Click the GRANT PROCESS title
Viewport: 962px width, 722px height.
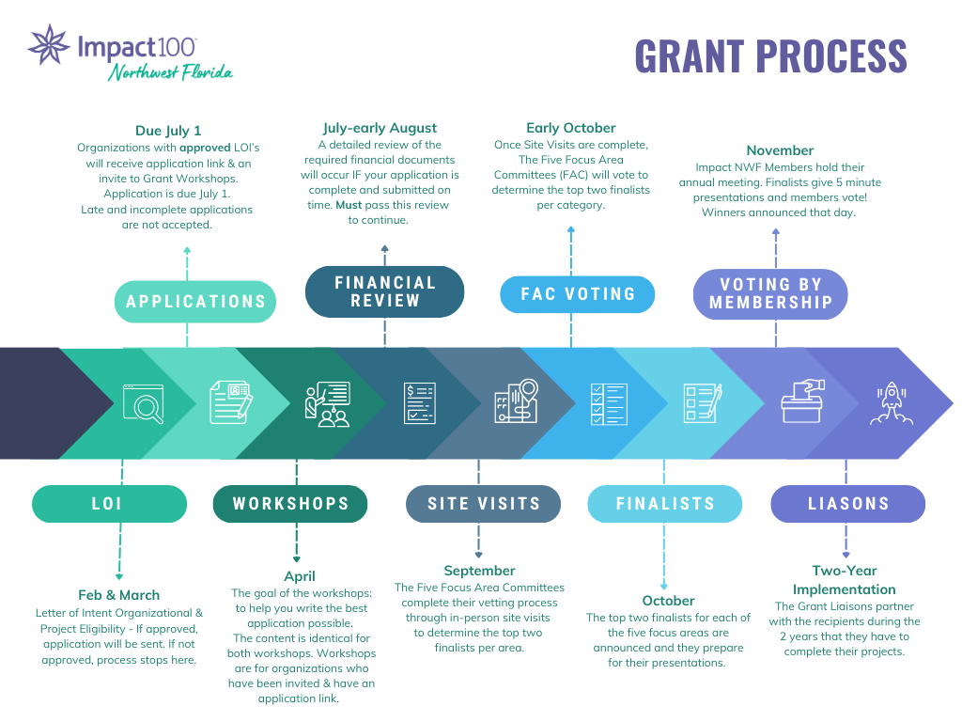(x=770, y=56)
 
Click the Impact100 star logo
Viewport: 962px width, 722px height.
(x=48, y=46)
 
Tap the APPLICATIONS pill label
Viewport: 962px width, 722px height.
(x=196, y=301)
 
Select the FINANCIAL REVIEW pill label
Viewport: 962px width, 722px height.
(x=385, y=291)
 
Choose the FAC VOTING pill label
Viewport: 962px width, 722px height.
(x=578, y=294)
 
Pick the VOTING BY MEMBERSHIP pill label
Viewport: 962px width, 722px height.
(x=770, y=293)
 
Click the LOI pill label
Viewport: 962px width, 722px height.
(x=108, y=504)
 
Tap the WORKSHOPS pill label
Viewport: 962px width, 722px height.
(x=290, y=504)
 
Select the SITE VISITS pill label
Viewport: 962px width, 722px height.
(x=484, y=504)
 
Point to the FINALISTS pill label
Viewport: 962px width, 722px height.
(x=665, y=504)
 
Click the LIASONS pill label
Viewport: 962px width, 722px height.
(x=847, y=504)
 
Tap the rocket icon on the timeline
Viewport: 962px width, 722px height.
(x=888, y=403)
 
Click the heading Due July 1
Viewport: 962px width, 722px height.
(x=168, y=131)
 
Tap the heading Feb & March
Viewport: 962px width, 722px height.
(x=119, y=594)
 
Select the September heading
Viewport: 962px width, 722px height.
(x=479, y=570)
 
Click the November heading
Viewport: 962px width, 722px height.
(x=780, y=149)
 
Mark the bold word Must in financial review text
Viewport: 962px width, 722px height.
(x=349, y=204)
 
